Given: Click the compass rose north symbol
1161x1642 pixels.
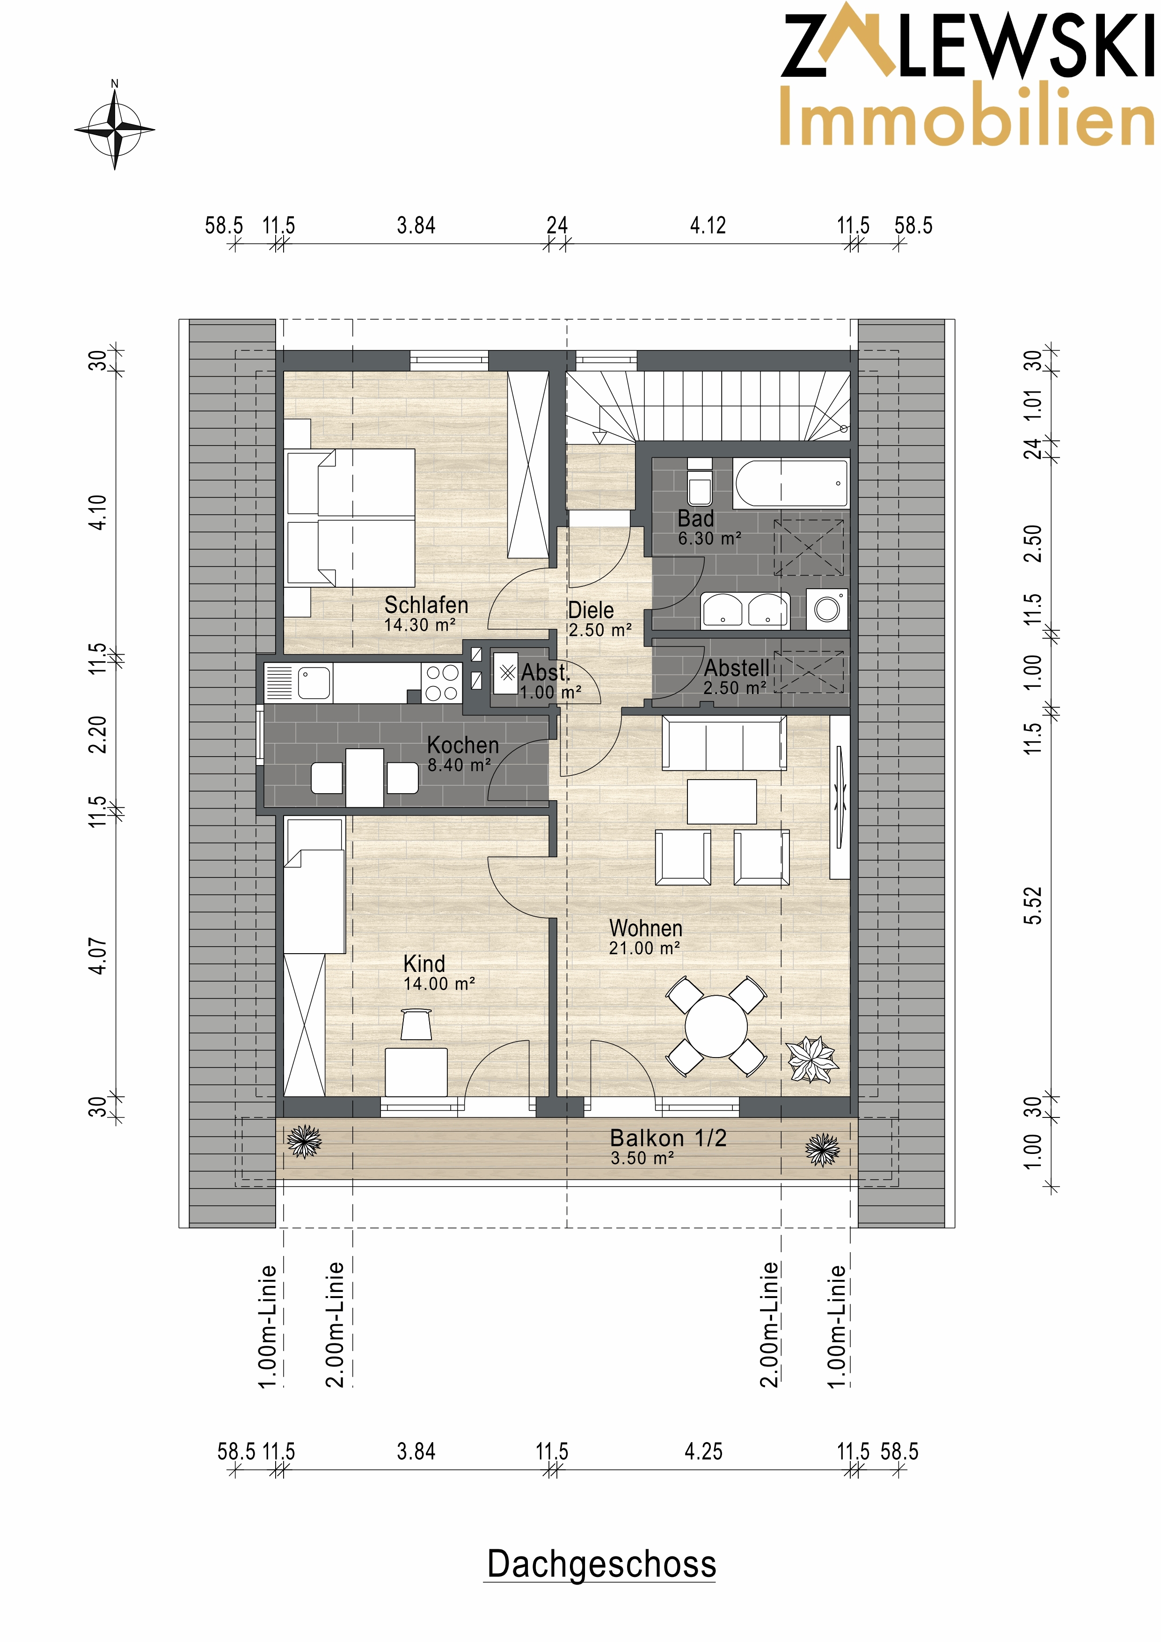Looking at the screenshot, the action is pyautogui.click(x=115, y=127).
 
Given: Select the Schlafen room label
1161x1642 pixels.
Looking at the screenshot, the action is pyautogui.click(x=426, y=605).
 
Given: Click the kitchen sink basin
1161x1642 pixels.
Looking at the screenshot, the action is pyautogui.click(x=314, y=683).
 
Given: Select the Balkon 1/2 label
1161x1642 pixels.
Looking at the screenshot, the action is pyautogui.click(x=668, y=1138).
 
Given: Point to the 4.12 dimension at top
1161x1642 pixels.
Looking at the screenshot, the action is pyautogui.click(x=708, y=226).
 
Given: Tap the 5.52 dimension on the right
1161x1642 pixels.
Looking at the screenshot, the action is pyautogui.click(x=1033, y=905).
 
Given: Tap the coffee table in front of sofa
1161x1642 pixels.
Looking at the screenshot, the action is pyautogui.click(x=722, y=801).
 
